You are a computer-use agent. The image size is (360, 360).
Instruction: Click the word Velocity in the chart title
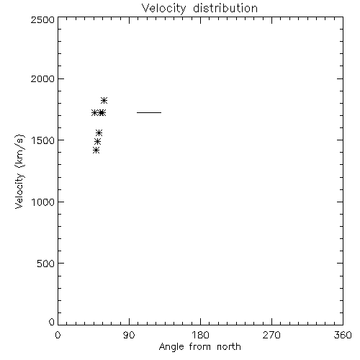(x=163, y=9)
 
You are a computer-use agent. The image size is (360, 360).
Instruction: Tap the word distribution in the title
(x=225, y=8)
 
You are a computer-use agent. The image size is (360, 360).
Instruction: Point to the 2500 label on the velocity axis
(x=42, y=19)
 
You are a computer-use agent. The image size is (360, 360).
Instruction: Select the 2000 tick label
(x=42, y=78)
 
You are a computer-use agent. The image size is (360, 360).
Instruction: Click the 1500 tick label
(x=43, y=140)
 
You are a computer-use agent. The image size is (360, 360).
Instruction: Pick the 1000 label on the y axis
(x=43, y=202)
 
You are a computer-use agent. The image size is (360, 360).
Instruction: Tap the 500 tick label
(x=46, y=264)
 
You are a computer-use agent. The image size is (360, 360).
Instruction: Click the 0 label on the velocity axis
(x=52, y=322)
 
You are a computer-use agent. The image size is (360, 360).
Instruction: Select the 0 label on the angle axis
(x=58, y=335)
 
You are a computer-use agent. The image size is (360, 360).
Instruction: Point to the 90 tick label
(x=129, y=335)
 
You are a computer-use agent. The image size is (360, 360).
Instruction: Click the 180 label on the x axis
(x=200, y=335)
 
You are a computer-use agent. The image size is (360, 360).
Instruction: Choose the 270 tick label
(x=271, y=335)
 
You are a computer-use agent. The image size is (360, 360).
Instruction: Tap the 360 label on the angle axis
(x=343, y=335)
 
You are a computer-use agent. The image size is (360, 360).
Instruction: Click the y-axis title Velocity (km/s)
(x=19, y=171)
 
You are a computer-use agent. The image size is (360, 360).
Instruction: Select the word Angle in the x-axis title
(x=171, y=347)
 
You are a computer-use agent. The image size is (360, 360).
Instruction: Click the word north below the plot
(x=229, y=347)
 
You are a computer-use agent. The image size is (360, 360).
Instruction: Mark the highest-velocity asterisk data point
(x=104, y=100)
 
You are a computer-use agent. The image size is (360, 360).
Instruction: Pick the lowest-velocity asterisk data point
(x=96, y=150)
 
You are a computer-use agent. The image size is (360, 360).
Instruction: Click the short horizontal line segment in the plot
(x=149, y=112)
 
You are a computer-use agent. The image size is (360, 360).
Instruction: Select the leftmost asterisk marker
(x=94, y=112)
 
